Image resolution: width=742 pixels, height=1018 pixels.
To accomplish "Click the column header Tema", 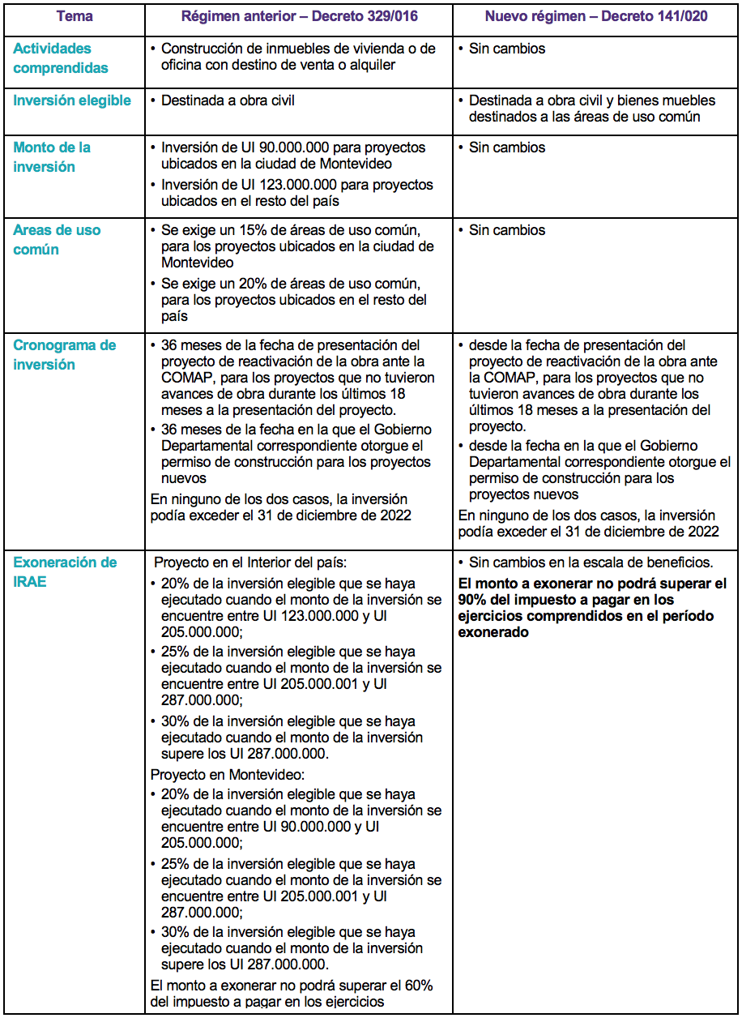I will point(74,16).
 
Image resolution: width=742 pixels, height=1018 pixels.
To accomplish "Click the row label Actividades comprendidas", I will point(60,58).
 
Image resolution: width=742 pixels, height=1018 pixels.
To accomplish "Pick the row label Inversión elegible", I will point(71,101).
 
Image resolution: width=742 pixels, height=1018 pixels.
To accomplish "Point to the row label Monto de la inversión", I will point(52,157).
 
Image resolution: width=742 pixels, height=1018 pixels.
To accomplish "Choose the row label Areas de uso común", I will point(57,240).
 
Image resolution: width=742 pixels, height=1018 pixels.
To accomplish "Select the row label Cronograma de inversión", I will point(64,355).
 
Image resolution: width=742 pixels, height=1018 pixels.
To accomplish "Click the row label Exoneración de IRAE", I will point(64,572).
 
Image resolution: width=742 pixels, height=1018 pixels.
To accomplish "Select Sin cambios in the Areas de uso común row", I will point(507,230).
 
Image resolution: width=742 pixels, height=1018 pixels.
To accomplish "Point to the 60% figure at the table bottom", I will point(418,986).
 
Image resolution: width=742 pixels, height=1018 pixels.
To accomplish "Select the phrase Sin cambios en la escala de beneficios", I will point(591,562).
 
